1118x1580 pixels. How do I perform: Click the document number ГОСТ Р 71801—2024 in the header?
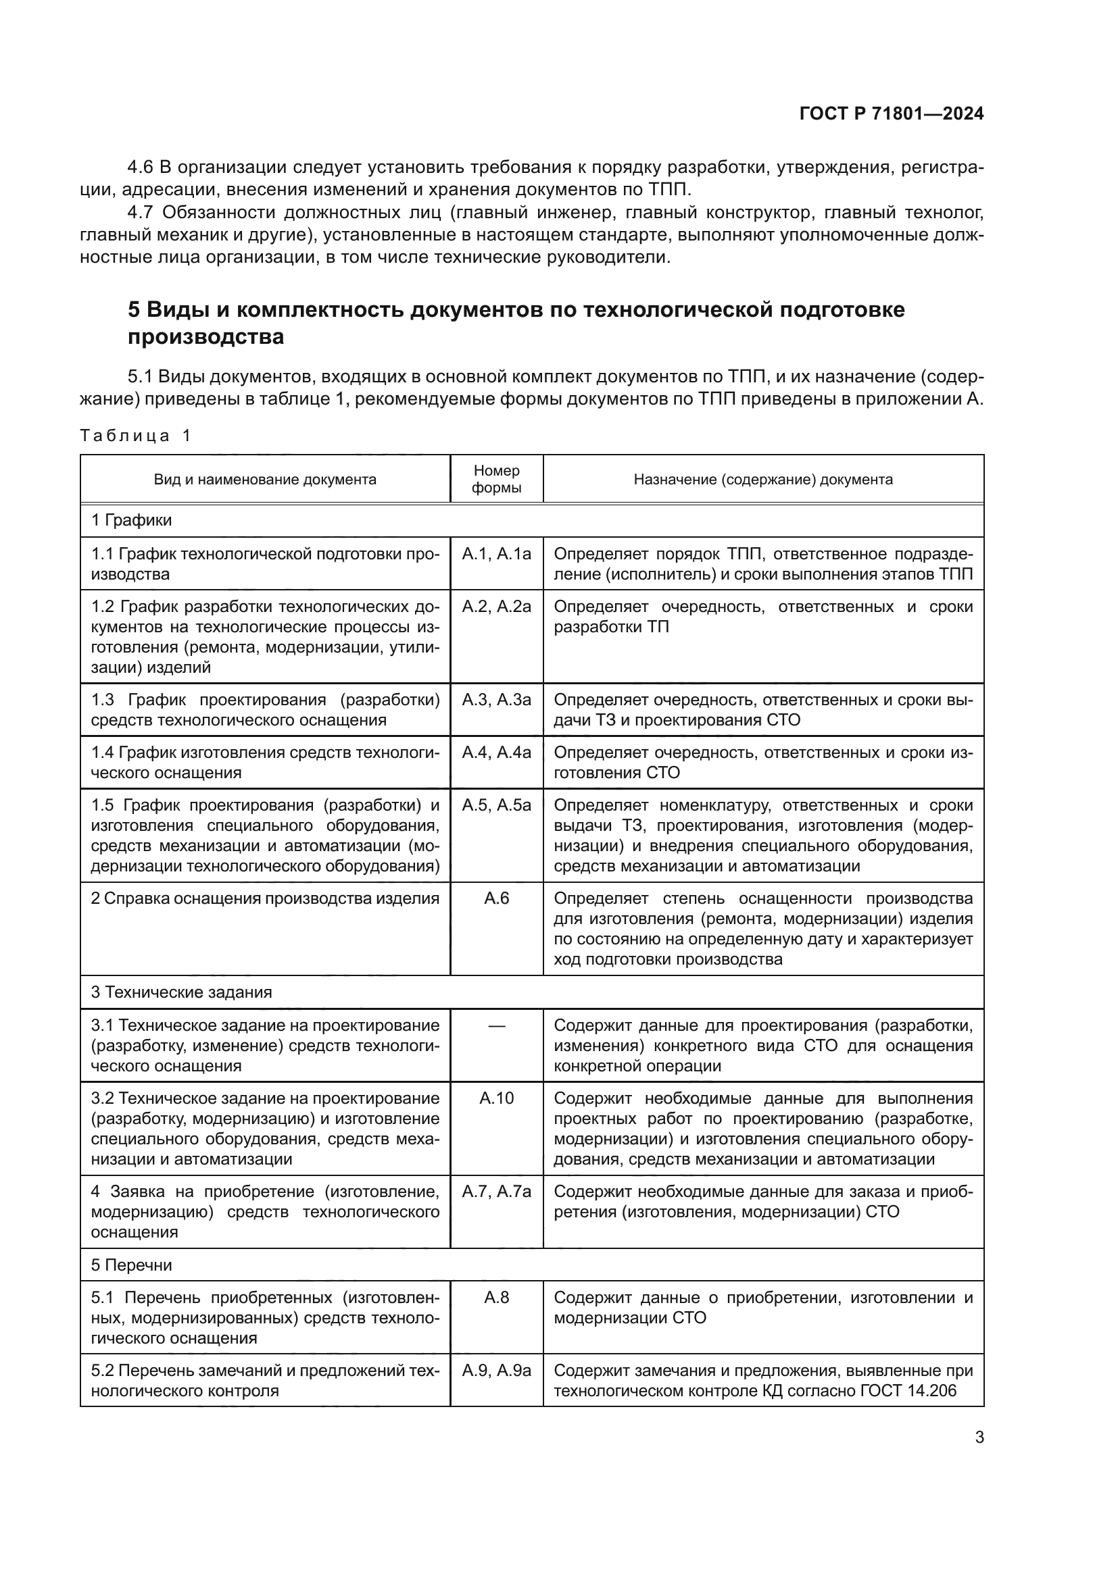892,114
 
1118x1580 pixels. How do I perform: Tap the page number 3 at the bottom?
979,1437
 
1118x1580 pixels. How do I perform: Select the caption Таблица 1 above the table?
135,436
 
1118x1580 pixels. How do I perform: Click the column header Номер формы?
496,479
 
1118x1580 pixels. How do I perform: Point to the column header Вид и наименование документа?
265,479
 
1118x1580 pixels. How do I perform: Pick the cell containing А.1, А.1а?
496,554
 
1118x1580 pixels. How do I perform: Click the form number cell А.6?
496,898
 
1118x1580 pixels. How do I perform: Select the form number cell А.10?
496,1098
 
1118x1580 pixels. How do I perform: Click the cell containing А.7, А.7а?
496,1191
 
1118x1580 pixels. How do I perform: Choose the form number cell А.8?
496,1297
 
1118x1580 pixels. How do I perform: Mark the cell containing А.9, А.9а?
496,1370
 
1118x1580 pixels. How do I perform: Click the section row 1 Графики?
132,520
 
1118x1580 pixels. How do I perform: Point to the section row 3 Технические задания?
181,992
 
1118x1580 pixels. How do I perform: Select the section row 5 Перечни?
132,1265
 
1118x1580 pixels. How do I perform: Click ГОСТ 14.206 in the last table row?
908,1390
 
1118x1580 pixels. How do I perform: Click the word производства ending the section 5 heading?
206,337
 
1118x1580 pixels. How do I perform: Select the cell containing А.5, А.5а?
496,805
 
